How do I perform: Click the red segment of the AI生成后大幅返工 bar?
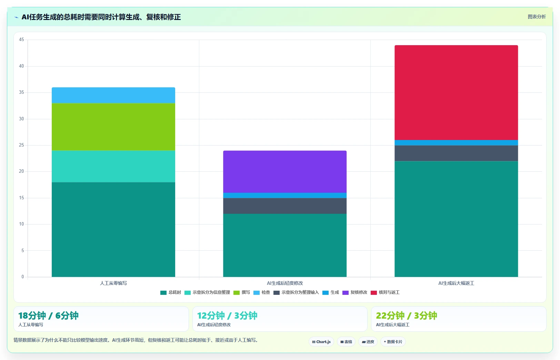coord(456,92)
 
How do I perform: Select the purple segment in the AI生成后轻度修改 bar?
coord(285,171)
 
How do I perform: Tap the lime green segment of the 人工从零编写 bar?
coord(113,127)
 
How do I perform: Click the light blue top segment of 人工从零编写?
coord(113,95)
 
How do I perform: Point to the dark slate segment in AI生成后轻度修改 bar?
coord(285,206)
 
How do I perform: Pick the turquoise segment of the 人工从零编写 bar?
coord(113,166)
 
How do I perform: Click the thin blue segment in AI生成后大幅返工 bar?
coord(456,143)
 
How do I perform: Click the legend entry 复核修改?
coord(355,292)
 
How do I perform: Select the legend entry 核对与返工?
coord(385,292)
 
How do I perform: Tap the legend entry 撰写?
coord(241,292)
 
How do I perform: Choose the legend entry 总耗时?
coord(170,292)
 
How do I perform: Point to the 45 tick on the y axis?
coord(21,40)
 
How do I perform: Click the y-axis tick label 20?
coord(21,171)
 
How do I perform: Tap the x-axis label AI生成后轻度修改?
coord(285,283)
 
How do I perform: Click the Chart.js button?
coord(321,342)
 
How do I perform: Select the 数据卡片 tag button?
coord(393,342)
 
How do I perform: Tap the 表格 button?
coord(346,342)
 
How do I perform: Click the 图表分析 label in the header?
coord(537,17)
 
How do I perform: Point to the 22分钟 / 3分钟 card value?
coord(407,316)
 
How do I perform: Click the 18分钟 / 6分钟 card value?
coord(48,316)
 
